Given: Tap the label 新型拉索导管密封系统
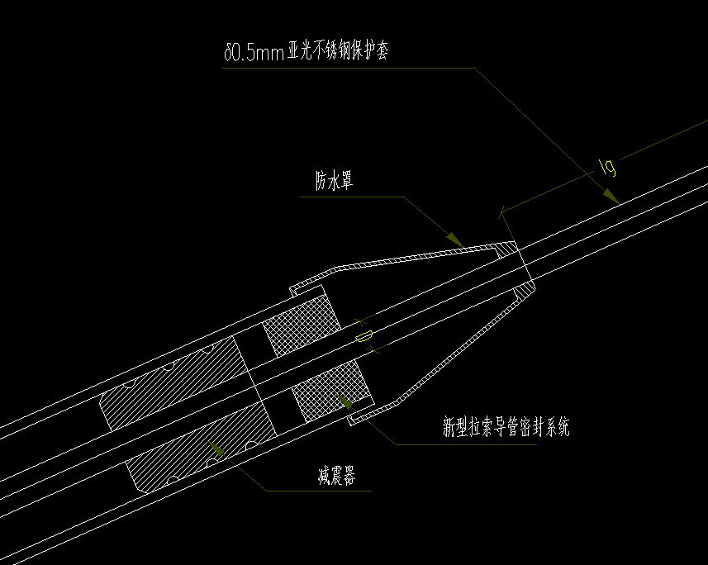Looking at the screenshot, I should point(506,427).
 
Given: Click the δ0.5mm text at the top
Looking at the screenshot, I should point(254,52).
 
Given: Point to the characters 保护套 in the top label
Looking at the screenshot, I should point(368,51).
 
